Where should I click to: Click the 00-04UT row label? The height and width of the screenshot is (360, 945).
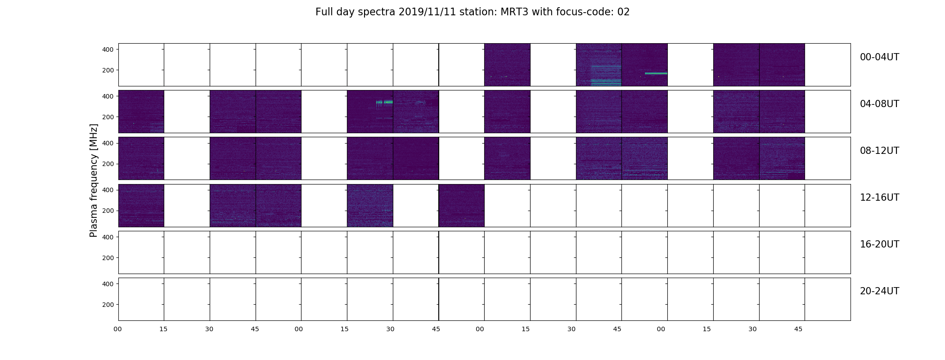(879, 57)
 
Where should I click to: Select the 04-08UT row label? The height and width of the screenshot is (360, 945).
(879, 104)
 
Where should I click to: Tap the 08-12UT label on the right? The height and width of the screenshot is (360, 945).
(879, 151)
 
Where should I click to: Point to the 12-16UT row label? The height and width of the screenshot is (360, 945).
(879, 198)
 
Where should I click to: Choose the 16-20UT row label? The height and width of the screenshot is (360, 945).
(879, 244)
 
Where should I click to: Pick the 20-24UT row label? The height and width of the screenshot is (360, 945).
(879, 291)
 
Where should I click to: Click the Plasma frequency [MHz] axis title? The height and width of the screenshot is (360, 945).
(94, 180)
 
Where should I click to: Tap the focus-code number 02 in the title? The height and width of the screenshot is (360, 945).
(623, 12)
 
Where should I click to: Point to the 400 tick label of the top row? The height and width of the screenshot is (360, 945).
(108, 49)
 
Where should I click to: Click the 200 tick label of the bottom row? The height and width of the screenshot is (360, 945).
(108, 305)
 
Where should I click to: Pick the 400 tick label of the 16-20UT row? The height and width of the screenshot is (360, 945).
(108, 237)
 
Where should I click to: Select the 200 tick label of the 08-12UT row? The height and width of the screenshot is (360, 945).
(108, 164)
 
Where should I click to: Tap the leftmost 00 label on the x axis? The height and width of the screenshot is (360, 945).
(118, 329)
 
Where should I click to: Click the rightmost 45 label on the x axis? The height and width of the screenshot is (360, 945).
(798, 329)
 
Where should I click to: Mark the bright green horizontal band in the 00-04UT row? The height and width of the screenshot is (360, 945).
(656, 73)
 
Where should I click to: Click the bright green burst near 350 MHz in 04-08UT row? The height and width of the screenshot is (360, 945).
(384, 103)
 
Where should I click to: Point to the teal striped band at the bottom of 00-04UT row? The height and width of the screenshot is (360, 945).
(606, 82)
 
